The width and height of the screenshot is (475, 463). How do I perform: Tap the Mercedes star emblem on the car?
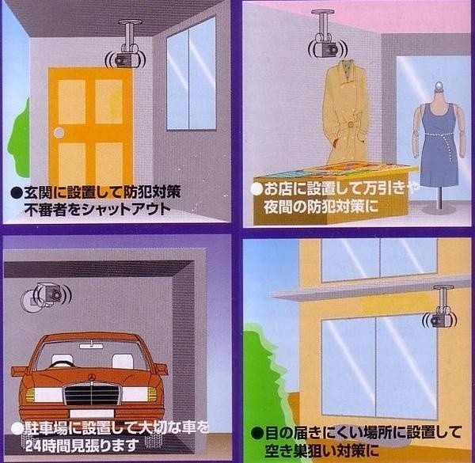pyautogui.click(x=93, y=370)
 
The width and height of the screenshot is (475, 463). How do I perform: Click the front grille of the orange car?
pyautogui.click(x=94, y=393)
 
